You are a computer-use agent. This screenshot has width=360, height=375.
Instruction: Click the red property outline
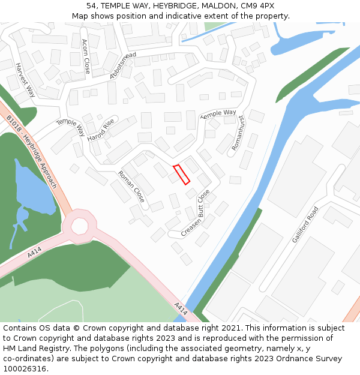point(181,174)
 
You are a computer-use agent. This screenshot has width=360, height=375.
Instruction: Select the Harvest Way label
point(26,80)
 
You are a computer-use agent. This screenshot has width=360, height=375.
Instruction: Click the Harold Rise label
point(100,130)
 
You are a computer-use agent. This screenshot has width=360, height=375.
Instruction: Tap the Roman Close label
point(131,186)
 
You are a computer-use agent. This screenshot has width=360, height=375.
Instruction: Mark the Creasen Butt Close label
point(196,212)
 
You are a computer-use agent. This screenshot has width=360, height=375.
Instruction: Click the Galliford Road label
point(305,225)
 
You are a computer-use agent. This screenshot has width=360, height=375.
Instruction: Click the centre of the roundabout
point(79,226)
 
